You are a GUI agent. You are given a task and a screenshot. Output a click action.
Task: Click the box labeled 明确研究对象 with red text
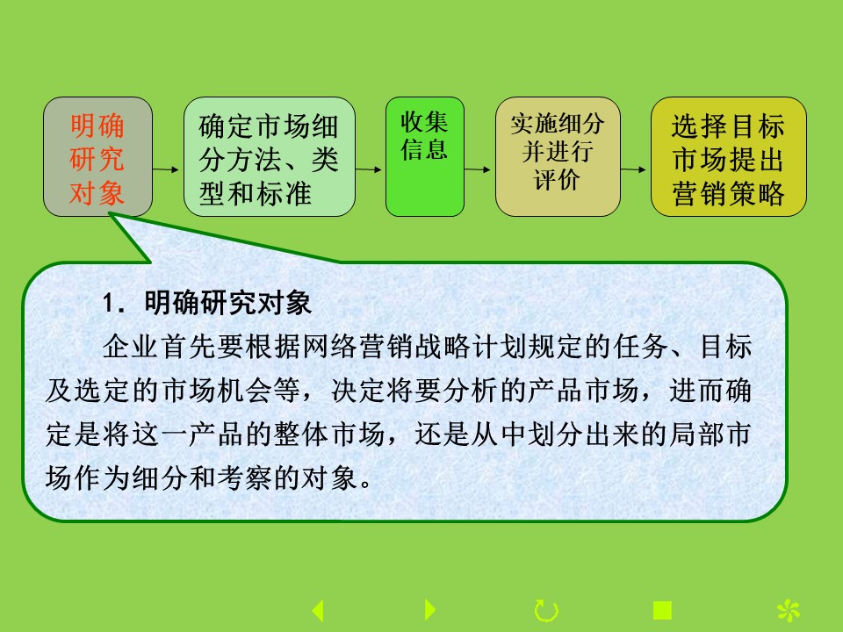point(97,156)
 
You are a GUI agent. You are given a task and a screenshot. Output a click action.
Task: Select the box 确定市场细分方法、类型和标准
point(270,156)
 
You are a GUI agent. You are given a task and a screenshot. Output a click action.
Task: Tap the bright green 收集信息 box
point(425,156)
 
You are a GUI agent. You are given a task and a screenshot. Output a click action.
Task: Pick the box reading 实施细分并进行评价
point(558,156)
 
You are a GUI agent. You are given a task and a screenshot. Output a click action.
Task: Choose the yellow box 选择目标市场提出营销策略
point(729,156)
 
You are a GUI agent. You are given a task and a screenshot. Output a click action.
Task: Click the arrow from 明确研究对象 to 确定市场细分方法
point(166,169)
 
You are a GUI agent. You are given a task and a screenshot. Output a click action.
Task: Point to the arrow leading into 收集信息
point(368,169)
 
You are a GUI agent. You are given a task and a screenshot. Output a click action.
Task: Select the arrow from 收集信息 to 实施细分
point(478,169)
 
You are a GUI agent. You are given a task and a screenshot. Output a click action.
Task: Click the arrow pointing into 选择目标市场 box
point(633,169)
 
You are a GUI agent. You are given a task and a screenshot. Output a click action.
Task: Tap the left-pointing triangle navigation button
point(318,611)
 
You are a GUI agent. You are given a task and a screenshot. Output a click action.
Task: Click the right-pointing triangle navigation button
point(429,609)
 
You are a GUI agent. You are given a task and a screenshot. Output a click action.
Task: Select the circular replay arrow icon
point(546,611)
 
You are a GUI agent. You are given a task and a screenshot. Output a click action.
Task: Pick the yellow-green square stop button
point(662,611)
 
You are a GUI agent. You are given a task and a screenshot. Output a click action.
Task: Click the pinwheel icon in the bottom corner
point(789,611)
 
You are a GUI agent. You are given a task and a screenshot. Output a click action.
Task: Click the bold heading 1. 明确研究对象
point(207,303)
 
